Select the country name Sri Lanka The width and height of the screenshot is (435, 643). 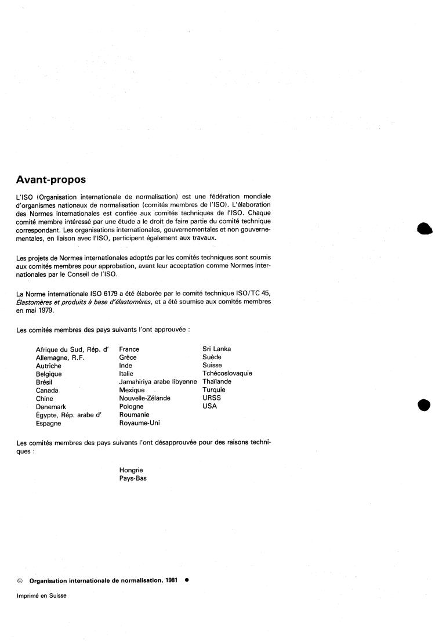(217, 349)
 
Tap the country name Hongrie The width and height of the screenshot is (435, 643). (131, 470)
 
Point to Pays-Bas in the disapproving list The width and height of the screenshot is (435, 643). (133, 479)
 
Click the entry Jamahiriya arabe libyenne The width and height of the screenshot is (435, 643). (158, 382)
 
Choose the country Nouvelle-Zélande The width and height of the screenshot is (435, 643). (145, 399)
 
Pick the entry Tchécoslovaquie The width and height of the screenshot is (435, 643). (227, 374)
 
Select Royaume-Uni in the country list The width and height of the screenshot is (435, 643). (139, 423)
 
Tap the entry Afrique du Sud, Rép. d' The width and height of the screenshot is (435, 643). (72, 349)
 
